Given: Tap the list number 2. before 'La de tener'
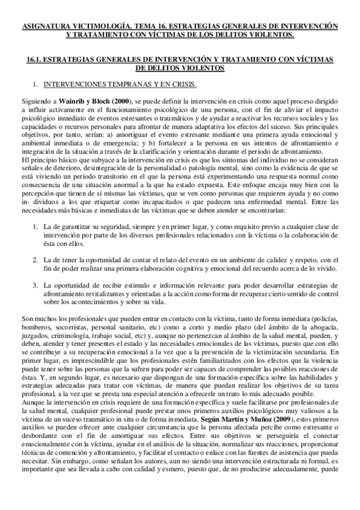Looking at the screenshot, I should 36,259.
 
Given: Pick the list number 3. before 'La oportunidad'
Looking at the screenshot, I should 36,283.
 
